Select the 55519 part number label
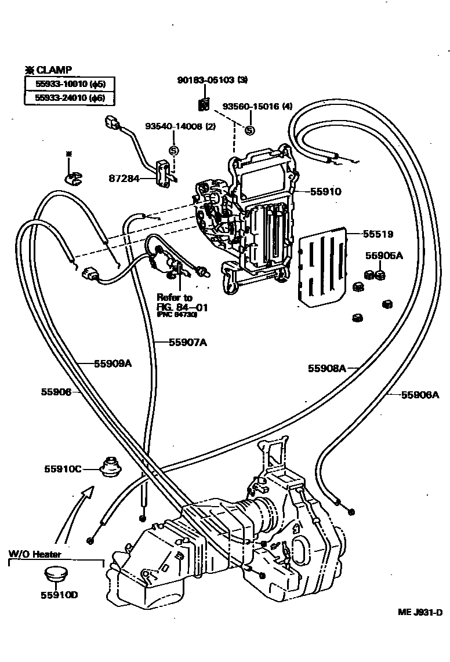[x=378, y=234]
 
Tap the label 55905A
[x=383, y=256]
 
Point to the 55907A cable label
[x=188, y=342]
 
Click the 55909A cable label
[x=113, y=364]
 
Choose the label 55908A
[x=326, y=368]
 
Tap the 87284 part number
[x=123, y=179]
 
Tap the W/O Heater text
[x=35, y=554]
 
